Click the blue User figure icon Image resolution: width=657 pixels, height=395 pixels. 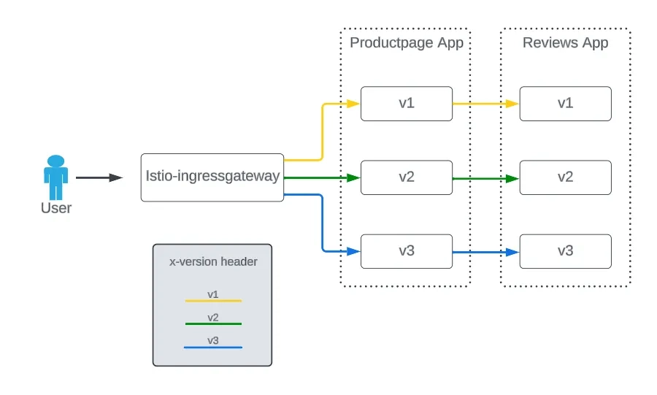(x=55, y=177)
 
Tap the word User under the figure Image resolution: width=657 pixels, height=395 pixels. (x=55, y=208)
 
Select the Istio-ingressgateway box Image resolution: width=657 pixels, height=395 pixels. (x=212, y=177)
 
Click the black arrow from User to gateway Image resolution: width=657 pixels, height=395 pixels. (x=99, y=177)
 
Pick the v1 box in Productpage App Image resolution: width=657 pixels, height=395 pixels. (x=407, y=104)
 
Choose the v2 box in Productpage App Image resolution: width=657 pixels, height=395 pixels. (x=407, y=177)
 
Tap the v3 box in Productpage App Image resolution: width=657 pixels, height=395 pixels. (x=407, y=251)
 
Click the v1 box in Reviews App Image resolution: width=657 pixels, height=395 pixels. (x=565, y=104)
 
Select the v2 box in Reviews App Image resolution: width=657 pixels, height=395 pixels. (x=565, y=177)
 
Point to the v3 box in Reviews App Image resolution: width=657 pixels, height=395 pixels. (x=565, y=251)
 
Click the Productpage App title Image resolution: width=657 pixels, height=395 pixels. (x=407, y=42)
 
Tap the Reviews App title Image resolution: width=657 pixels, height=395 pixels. (x=565, y=42)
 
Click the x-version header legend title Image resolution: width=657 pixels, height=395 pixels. (x=213, y=261)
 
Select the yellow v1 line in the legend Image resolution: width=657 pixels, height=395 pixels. (x=212, y=300)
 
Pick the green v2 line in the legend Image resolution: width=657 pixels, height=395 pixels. (x=212, y=323)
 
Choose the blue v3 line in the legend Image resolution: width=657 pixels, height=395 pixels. (x=212, y=347)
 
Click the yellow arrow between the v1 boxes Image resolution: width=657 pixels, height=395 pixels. (x=485, y=104)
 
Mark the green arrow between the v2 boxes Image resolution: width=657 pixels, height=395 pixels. (x=485, y=177)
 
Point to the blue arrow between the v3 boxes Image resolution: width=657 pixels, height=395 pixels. (x=485, y=252)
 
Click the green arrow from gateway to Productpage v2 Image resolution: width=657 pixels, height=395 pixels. (x=321, y=177)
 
